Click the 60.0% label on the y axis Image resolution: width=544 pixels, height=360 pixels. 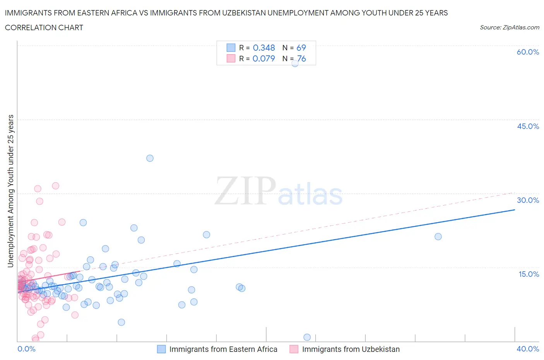pos(528,52)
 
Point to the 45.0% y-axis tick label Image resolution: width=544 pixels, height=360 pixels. pos(528,126)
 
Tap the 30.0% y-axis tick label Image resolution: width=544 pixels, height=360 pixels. pos(528,200)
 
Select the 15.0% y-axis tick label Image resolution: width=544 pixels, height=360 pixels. pos(528,274)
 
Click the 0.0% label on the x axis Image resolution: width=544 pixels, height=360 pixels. pos(26,349)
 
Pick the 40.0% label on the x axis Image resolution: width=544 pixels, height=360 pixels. pos(528,349)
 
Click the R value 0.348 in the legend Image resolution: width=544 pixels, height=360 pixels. pos(264,48)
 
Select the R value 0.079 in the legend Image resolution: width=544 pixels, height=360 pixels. pos(264,58)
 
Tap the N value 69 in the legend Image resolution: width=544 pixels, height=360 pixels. pos(301,48)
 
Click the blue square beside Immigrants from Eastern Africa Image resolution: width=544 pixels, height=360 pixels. pos(161,349)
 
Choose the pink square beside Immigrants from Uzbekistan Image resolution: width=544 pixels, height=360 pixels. pos(294,349)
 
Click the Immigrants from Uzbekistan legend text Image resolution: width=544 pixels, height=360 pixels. pos(351,349)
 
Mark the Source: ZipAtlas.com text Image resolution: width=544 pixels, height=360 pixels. pos(509,27)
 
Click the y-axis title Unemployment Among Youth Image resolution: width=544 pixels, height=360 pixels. pos(11,191)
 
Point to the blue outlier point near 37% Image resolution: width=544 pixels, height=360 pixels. pos(150,158)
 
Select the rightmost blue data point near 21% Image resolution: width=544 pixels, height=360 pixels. pos(438,237)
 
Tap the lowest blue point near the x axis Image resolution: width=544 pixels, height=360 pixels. pos(307,337)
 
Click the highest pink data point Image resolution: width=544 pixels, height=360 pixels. pos(55,186)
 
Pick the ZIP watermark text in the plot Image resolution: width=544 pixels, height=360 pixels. pos(245,190)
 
